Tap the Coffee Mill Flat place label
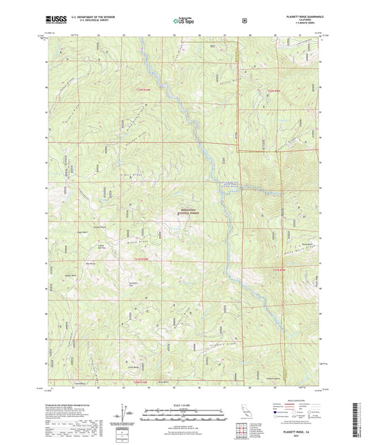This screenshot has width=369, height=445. pos(100,247)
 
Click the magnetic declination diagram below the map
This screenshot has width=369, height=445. pos(123,412)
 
